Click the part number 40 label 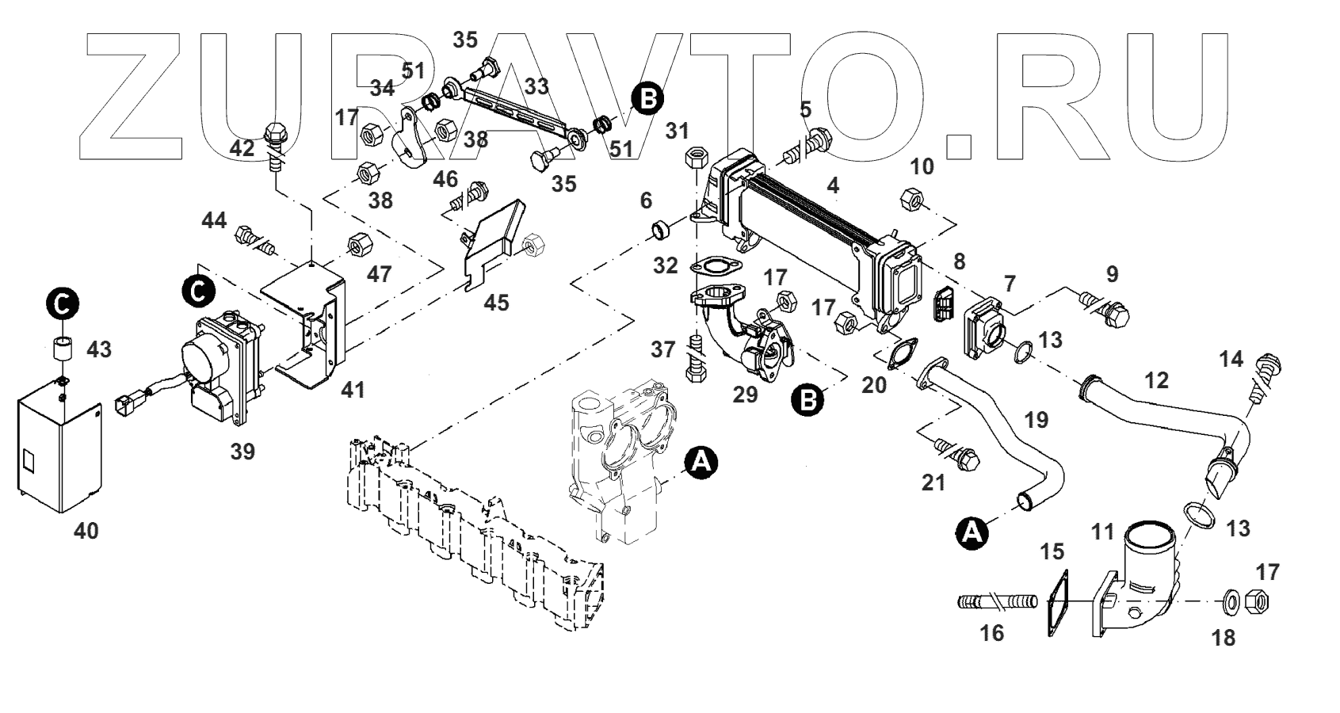pyautogui.click(x=86, y=531)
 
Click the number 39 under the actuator pyautogui.click(x=242, y=452)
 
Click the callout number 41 pyautogui.click(x=353, y=390)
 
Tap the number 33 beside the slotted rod pyautogui.click(x=536, y=85)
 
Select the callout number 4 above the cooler pyautogui.click(x=832, y=186)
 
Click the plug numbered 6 pyautogui.click(x=660, y=231)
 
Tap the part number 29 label pyautogui.click(x=745, y=394)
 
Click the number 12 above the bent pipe pyautogui.click(x=1157, y=380)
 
